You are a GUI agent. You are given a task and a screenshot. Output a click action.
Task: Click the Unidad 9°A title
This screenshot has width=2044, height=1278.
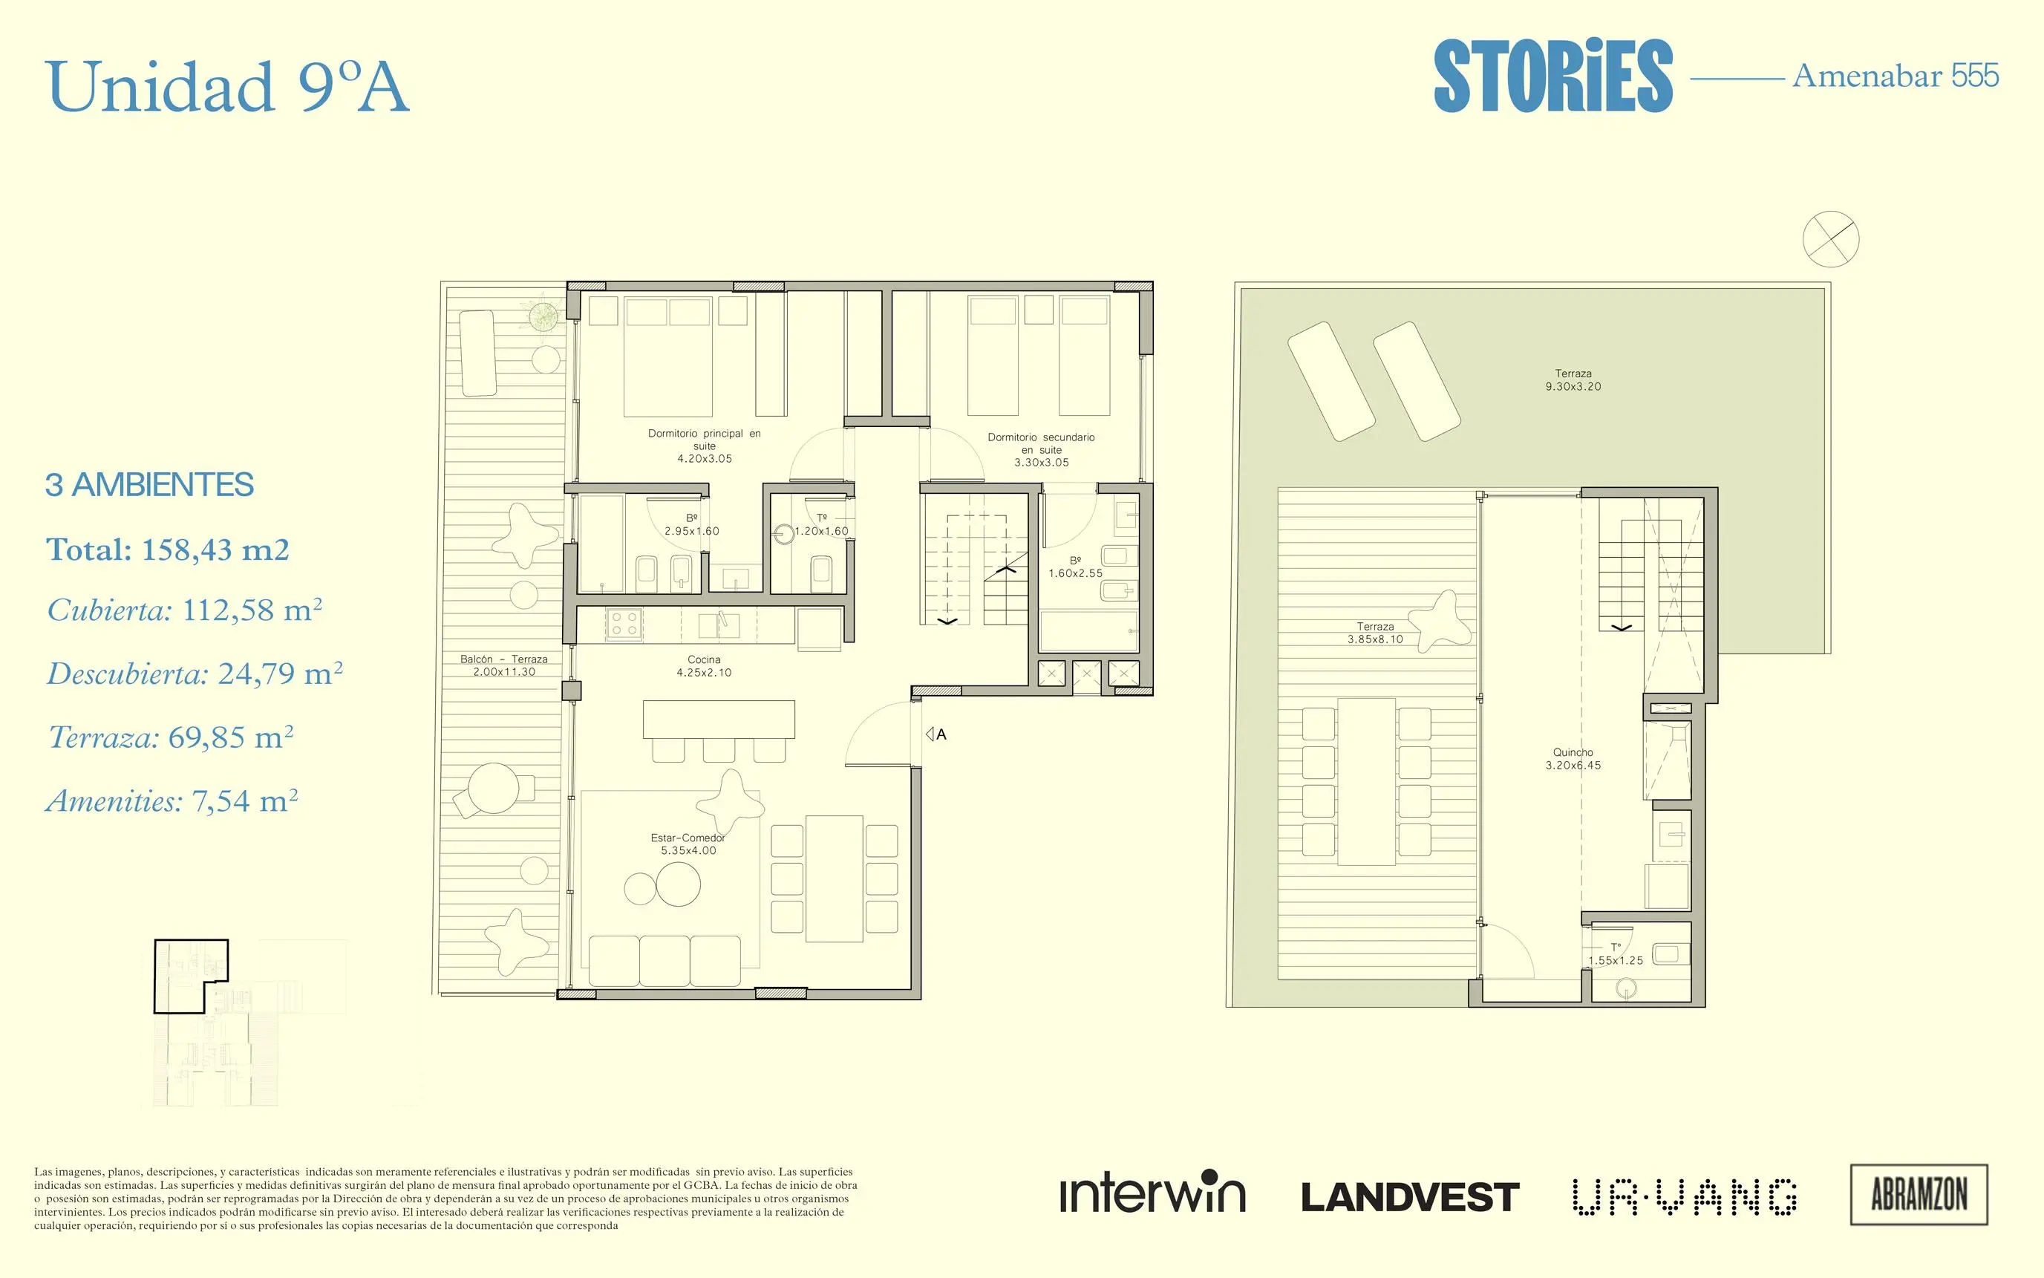coord(227,87)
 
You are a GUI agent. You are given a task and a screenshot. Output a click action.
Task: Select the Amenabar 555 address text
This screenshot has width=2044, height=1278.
coord(1896,76)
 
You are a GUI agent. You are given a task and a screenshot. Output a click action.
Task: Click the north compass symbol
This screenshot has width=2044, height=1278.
coord(1831,238)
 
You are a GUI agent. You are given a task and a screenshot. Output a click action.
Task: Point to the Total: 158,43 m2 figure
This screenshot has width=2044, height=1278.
coord(167,550)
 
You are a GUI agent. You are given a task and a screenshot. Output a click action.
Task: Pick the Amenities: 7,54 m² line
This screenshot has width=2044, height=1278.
coord(172,801)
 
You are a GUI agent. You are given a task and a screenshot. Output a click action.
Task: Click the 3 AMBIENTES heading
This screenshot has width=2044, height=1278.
coord(149,485)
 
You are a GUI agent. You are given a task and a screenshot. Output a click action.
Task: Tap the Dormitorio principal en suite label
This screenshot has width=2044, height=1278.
coord(704,446)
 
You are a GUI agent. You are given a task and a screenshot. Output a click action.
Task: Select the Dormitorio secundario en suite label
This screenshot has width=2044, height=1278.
coord(1041,450)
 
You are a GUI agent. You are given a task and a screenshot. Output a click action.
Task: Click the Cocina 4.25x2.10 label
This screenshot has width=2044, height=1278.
coord(704,666)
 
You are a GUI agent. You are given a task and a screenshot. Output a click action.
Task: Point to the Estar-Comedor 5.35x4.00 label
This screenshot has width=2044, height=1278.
coord(688,844)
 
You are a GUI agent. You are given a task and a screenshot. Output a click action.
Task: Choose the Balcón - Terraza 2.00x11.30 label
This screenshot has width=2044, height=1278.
coord(503,665)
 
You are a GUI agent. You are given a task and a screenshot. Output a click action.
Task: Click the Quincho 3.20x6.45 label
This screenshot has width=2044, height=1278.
coord(1573,758)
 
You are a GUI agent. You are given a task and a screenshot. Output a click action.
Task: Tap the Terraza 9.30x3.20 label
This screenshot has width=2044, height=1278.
coord(1573,379)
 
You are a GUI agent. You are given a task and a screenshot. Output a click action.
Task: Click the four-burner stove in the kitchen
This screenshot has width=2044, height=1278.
coord(624,624)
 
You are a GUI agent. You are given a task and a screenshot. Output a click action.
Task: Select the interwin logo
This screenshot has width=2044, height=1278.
coord(1152,1192)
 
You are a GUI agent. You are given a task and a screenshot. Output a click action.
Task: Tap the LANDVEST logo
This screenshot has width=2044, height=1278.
coord(1410,1197)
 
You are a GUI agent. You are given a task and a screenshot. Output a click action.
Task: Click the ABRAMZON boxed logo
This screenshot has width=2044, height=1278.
coord(1919,1194)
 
